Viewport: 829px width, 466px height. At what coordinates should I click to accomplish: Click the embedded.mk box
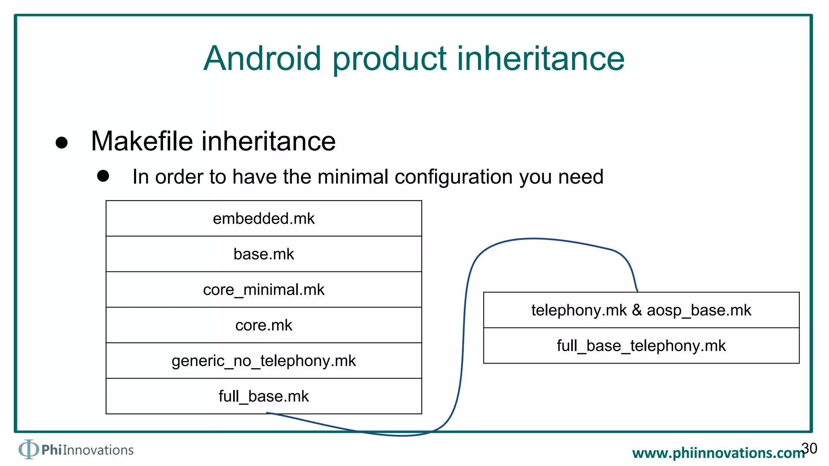point(264,218)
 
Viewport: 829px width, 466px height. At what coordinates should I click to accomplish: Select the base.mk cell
point(264,254)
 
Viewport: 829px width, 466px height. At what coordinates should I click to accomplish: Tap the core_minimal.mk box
point(264,290)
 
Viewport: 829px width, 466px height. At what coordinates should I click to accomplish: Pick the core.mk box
point(264,325)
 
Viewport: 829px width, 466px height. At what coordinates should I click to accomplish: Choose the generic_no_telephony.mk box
point(264,361)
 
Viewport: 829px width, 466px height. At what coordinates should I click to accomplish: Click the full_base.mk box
point(264,396)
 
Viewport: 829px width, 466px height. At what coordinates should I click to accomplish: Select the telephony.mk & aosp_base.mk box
point(641,310)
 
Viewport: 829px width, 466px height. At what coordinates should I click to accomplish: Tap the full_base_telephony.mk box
point(641,346)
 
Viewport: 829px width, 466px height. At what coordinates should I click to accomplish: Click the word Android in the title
point(262,59)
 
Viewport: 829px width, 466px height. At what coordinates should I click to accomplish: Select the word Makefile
point(142,141)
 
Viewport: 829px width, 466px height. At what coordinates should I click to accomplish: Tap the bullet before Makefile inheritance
point(62,142)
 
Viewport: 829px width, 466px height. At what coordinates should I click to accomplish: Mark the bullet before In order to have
point(103,176)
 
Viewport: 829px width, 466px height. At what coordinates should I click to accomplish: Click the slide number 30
point(809,448)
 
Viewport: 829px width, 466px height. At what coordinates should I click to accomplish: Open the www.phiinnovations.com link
point(718,453)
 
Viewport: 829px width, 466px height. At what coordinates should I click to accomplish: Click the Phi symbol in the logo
point(28,449)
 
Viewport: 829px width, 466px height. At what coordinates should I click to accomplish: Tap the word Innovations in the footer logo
point(98,450)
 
